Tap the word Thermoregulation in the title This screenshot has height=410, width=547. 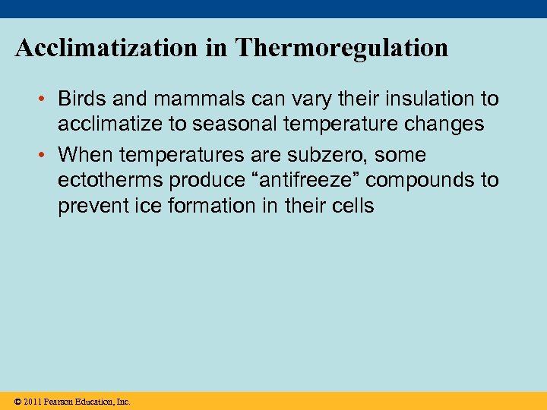[342, 49]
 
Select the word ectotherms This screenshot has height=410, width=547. [110, 180]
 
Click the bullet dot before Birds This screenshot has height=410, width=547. [45, 99]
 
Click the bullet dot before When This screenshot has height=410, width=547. [45, 156]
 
